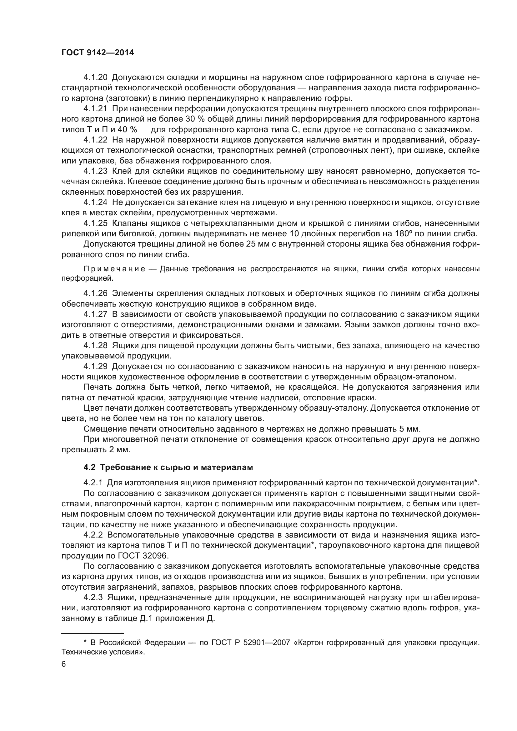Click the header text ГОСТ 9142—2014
(x=98, y=53)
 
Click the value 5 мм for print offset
(x=411, y=429)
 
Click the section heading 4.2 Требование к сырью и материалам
(x=168, y=467)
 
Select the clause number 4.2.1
(x=93, y=483)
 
